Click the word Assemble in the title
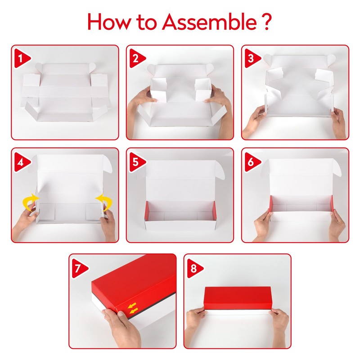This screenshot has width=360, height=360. point(209,22)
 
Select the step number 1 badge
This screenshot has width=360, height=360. point(22,58)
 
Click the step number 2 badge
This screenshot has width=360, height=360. point(137,58)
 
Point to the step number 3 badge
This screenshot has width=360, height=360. point(252,58)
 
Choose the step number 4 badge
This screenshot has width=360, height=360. point(22,162)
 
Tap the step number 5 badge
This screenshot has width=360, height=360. point(137,162)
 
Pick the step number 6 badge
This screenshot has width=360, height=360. point(252,162)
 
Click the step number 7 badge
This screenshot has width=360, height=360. point(80,268)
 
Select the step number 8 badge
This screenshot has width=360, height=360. point(195,268)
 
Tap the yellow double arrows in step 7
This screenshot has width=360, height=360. point(133,308)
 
